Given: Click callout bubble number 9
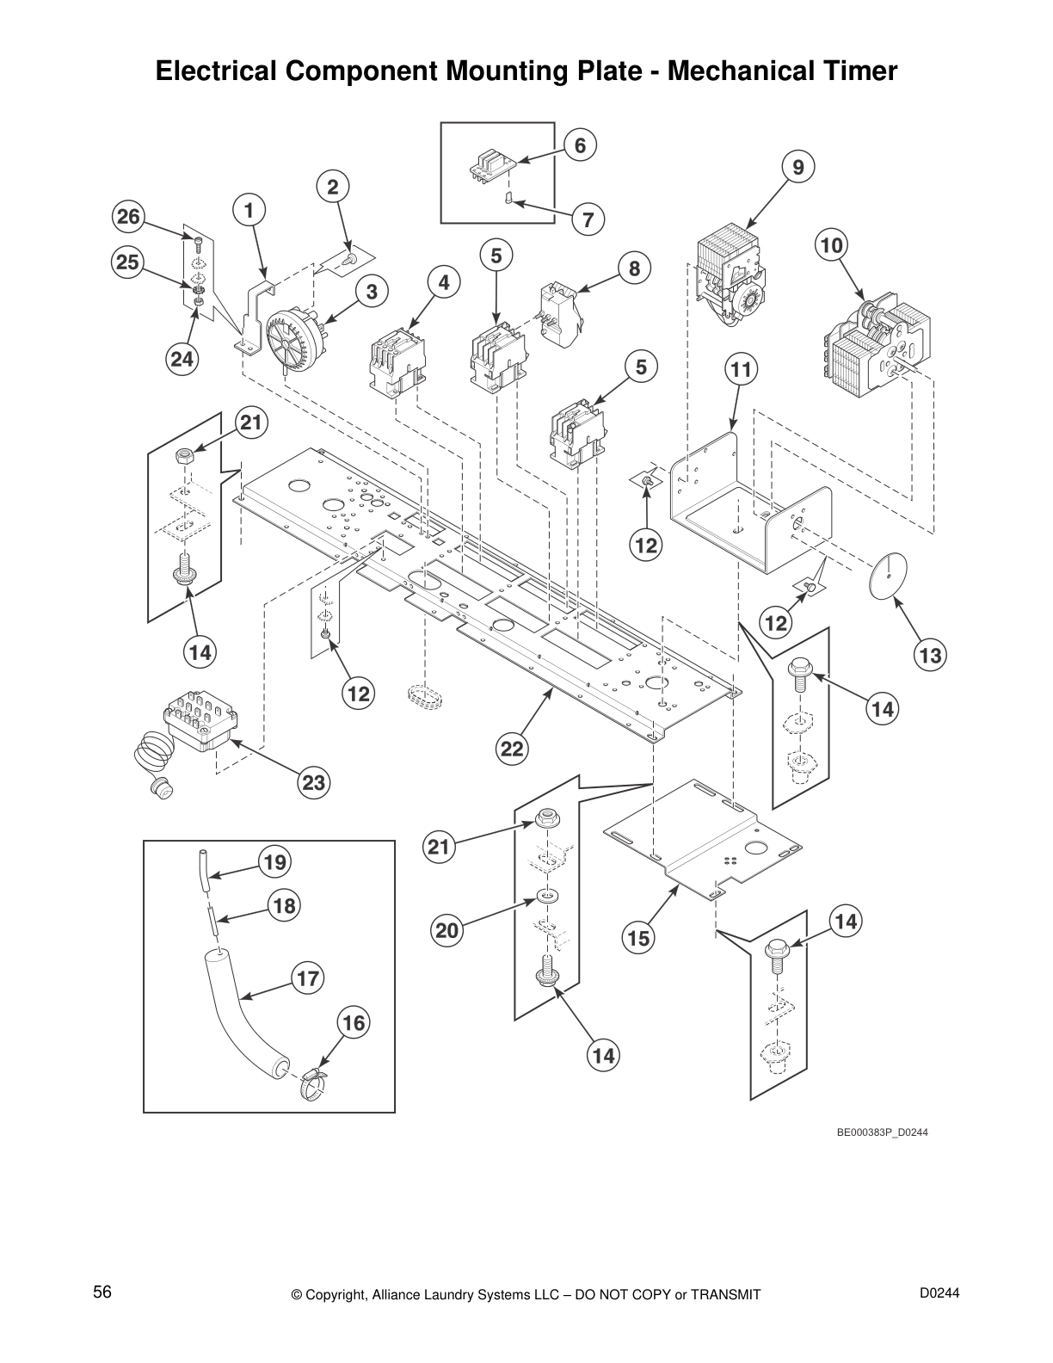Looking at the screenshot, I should click(x=798, y=168).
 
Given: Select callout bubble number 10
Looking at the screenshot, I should click(x=831, y=246).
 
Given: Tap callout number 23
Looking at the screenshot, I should click(x=314, y=782).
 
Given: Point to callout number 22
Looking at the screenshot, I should click(x=512, y=749).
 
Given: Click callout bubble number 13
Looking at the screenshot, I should click(x=931, y=656).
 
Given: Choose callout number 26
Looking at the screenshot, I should click(x=128, y=217).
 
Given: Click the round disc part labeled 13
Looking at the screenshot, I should click(x=886, y=573).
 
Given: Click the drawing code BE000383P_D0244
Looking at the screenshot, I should click(x=882, y=1132).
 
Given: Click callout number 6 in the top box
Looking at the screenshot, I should click(x=580, y=146).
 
